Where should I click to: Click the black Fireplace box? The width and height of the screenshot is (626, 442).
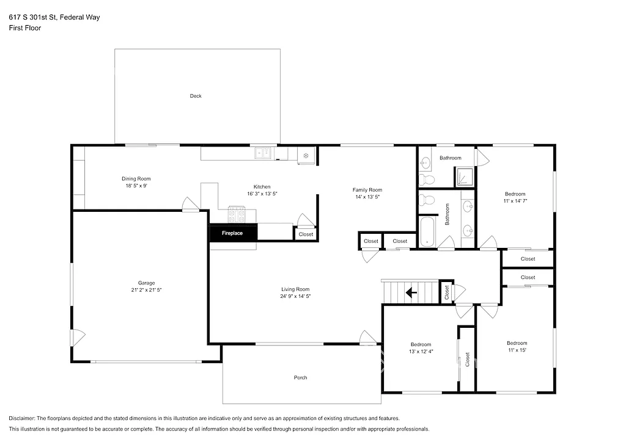point(233,233)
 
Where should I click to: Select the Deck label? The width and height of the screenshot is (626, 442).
point(196,96)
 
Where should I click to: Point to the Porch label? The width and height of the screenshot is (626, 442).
point(301,377)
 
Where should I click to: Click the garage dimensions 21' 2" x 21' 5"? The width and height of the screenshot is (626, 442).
point(146,290)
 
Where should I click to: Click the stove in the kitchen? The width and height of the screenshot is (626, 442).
point(237,215)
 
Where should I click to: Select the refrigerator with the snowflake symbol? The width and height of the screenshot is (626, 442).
point(305,156)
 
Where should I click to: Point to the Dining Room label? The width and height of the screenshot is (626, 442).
point(136,179)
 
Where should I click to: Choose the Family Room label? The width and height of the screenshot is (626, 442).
point(368,190)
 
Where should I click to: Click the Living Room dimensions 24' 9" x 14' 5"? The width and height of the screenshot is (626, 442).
point(295,296)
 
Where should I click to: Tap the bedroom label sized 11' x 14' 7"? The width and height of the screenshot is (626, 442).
point(515,200)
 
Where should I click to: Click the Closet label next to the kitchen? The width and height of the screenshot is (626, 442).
point(306,234)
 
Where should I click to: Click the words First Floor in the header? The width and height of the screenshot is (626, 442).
point(25,28)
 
